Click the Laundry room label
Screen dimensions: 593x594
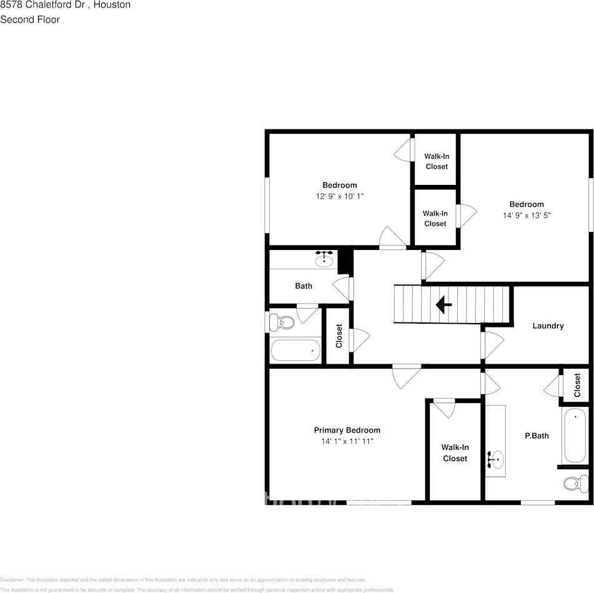pos(548,326)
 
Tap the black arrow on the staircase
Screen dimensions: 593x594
pos(443,305)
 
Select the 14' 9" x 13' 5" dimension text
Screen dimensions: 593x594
pos(527,215)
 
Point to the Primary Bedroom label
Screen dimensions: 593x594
pos(347,430)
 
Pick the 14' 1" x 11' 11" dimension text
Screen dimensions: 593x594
pos(347,441)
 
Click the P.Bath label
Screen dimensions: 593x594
pos(537,436)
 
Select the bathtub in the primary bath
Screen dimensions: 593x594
pos(574,436)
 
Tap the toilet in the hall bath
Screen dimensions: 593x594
pos(282,323)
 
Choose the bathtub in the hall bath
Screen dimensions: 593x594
pos(295,351)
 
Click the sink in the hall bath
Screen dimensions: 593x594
pos(324,259)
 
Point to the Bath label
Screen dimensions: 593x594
pos(304,286)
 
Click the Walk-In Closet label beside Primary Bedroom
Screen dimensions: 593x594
pos(455,453)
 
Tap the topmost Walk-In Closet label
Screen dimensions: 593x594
pos(437,161)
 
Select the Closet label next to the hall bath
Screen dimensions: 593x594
pos(339,336)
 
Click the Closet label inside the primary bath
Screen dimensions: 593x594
pos(577,385)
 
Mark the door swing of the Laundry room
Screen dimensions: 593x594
pos(493,345)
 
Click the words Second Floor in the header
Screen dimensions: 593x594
pos(30,19)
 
